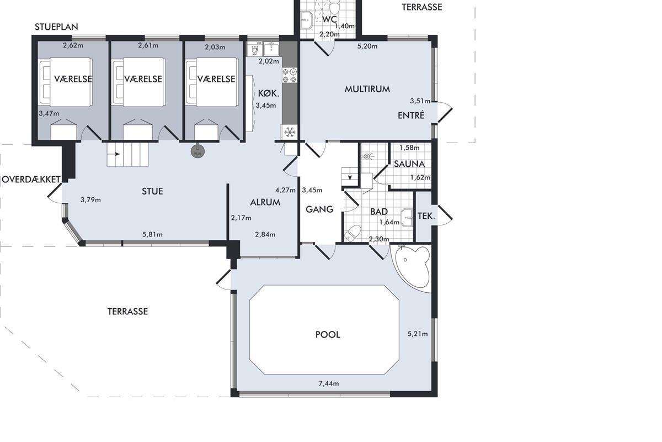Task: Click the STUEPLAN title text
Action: (x=56, y=27)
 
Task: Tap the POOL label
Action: (x=328, y=334)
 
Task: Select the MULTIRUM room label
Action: (x=367, y=89)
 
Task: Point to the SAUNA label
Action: (x=409, y=164)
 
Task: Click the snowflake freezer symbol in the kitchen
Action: (x=290, y=131)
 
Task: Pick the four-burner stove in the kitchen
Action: (x=289, y=75)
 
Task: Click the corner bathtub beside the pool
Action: (x=412, y=268)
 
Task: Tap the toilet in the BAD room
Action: (x=353, y=233)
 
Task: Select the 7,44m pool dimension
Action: (x=329, y=383)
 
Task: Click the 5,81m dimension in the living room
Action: (x=152, y=234)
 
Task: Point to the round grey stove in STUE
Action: (x=197, y=151)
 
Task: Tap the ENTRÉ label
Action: (x=411, y=115)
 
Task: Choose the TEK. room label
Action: (x=426, y=216)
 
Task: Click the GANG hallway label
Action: (x=319, y=209)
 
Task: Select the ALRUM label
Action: (x=265, y=202)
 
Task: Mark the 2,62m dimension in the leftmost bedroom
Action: (x=73, y=45)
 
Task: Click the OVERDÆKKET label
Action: (x=31, y=180)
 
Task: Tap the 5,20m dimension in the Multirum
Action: (x=367, y=46)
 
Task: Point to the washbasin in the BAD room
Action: (x=407, y=218)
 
